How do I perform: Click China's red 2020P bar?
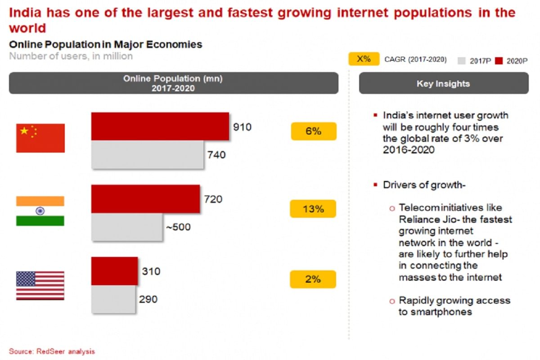tap(160, 126)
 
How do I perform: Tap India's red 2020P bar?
tap(146, 198)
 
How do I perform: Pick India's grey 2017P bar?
tap(127, 227)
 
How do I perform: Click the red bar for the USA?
tap(115, 271)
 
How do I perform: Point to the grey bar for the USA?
tap(113, 299)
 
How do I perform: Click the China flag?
tap(40, 138)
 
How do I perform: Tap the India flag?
tap(40, 211)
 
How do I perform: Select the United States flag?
tap(40, 285)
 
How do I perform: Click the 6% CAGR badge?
tap(314, 131)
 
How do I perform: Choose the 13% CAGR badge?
tap(313, 209)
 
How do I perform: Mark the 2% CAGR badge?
tap(313, 279)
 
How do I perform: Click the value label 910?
tap(242, 127)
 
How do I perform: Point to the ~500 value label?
tap(178, 227)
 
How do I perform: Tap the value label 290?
tap(148, 299)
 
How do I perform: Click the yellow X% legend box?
tap(364, 59)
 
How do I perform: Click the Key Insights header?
tap(443, 83)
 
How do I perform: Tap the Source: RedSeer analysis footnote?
tap(52, 351)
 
